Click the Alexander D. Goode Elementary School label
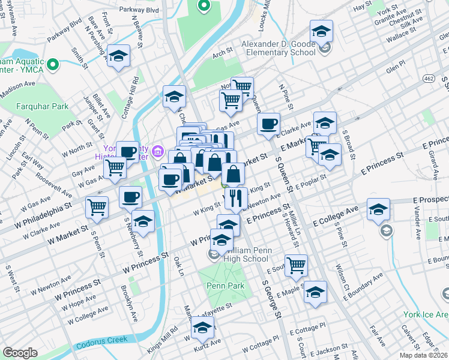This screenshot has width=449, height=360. pos(278,48)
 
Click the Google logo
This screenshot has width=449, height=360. pos(20,353)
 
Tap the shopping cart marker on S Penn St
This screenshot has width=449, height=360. pos(97,208)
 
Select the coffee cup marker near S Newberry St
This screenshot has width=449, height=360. pos(130,197)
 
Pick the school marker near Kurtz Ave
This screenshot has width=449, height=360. pos(203,328)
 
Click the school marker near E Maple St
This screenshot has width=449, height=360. pos(315,292)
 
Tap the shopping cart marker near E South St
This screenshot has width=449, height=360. pos(296,265)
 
